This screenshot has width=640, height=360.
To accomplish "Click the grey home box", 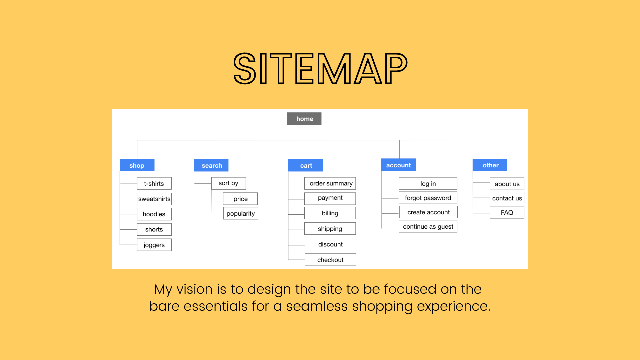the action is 304,119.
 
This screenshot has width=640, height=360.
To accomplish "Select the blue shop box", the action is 137,165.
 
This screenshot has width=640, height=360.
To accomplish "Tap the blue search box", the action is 211,165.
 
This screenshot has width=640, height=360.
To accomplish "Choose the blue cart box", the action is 305,165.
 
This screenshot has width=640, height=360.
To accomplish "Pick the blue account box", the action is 398,165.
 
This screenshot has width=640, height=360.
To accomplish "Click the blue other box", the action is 490,165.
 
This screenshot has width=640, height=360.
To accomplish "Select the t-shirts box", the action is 154,184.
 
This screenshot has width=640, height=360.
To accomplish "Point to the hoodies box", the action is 154,214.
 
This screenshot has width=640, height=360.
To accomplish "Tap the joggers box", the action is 154,245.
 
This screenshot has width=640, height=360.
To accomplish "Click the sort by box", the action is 229,183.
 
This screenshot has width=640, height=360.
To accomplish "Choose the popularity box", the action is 241,214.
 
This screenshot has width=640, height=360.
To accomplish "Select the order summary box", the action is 330,183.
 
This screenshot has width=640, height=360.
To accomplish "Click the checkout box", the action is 330,260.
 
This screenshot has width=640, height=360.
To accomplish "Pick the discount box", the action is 330,244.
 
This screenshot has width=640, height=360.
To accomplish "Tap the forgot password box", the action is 428,198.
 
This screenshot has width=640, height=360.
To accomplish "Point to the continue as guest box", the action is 428,227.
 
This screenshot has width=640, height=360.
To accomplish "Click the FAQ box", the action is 507,213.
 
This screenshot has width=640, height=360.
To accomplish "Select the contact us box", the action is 507,198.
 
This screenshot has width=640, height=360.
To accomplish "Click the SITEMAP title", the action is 320,69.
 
